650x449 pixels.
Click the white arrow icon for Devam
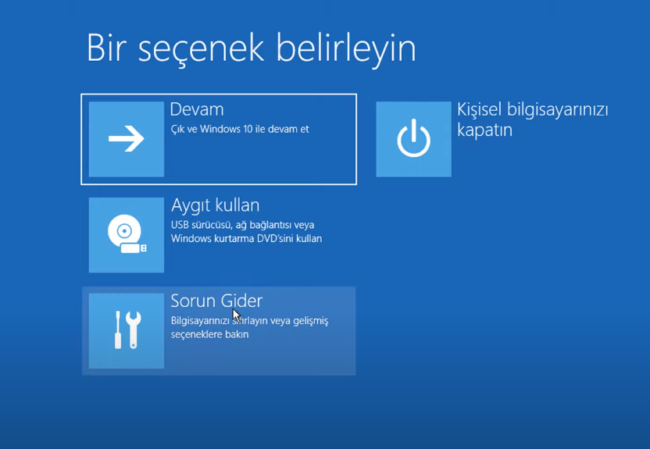pos(127,139)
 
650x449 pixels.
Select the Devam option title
pos(197,109)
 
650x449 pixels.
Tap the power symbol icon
pos(414,138)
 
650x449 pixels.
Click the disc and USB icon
pos(127,233)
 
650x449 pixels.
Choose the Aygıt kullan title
pos(215,206)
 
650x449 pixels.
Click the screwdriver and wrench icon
pos(127,330)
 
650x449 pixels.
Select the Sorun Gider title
pos(216,301)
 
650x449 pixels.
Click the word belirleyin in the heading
pos(346,50)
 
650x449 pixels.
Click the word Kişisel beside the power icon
pos(479,110)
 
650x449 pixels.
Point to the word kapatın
pos(484,130)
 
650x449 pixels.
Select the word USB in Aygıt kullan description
pos(180,225)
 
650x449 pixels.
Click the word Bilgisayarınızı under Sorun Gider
pos(200,322)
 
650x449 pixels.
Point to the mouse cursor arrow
pos(236,315)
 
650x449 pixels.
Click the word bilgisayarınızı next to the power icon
pos(558,110)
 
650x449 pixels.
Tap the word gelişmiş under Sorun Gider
pos(310,322)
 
